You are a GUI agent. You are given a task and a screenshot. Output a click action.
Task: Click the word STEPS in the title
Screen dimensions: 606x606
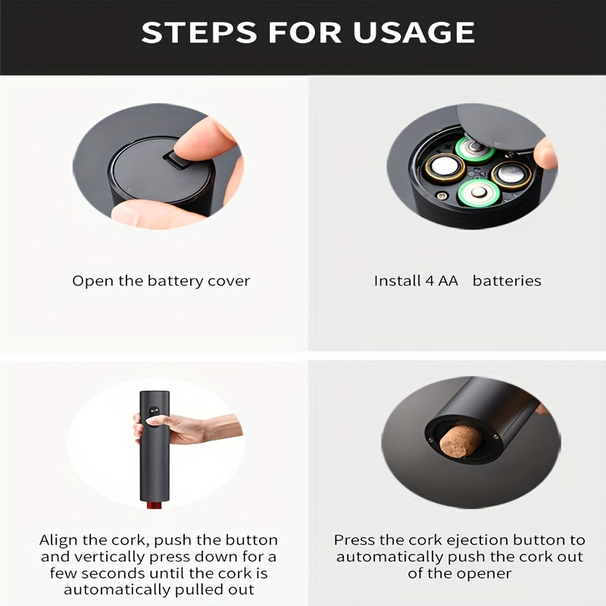(x=198, y=32)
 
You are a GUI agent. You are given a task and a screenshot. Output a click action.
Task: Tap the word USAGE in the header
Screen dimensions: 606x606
(x=414, y=32)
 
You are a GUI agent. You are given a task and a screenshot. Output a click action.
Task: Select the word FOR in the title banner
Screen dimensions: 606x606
(x=305, y=32)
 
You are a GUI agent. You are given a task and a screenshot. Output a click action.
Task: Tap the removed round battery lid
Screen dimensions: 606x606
(x=501, y=127)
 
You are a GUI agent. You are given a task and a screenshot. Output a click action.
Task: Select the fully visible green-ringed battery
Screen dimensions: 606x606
(x=479, y=192)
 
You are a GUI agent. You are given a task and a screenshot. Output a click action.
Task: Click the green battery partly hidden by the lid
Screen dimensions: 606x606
(x=474, y=148)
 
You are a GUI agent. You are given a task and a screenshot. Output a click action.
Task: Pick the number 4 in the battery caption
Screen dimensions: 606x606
(x=430, y=281)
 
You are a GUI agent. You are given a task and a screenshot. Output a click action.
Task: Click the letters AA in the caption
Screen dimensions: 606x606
(x=448, y=281)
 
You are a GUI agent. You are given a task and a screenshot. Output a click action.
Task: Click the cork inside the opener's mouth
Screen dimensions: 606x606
(x=460, y=442)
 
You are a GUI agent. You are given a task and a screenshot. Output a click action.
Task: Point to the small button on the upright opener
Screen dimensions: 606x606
(x=155, y=410)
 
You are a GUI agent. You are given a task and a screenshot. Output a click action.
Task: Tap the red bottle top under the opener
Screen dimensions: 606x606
(x=155, y=505)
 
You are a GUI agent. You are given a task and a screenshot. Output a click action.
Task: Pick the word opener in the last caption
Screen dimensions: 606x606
(x=485, y=574)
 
